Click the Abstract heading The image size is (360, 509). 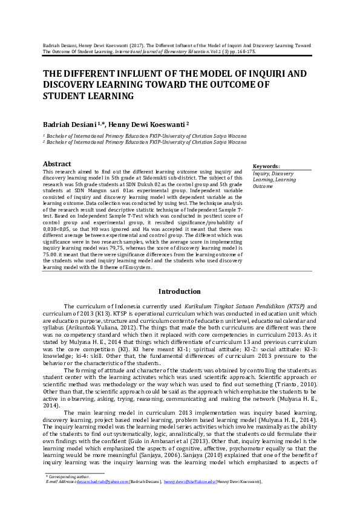(57, 164)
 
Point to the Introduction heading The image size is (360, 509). (180, 291)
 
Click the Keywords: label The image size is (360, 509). (266, 166)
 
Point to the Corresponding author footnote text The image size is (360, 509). (69, 476)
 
